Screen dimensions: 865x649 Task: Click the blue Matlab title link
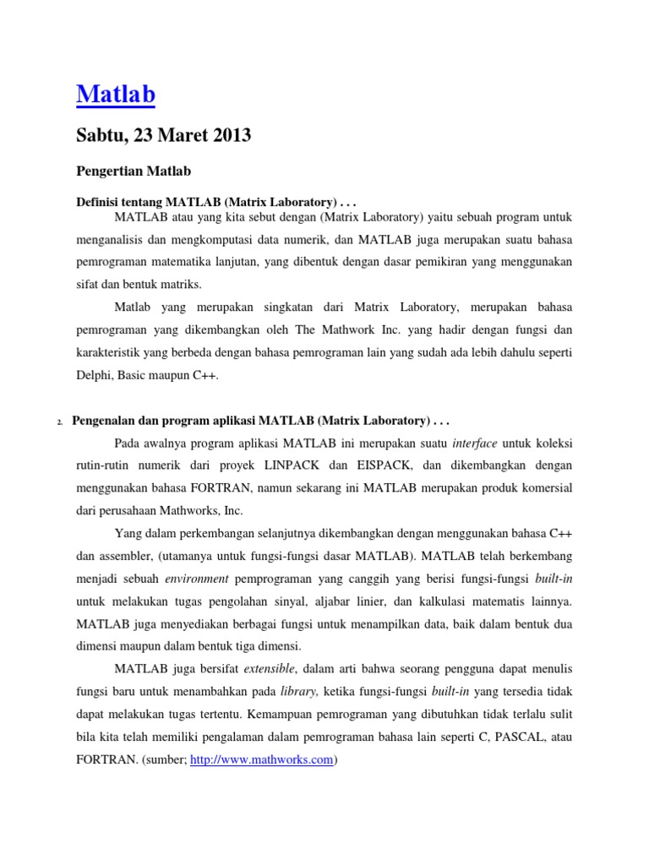(x=116, y=95)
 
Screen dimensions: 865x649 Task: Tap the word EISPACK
(x=384, y=465)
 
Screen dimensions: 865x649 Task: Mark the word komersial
(x=541, y=487)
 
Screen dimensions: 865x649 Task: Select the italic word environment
(x=197, y=579)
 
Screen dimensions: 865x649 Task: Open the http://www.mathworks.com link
(x=262, y=759)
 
